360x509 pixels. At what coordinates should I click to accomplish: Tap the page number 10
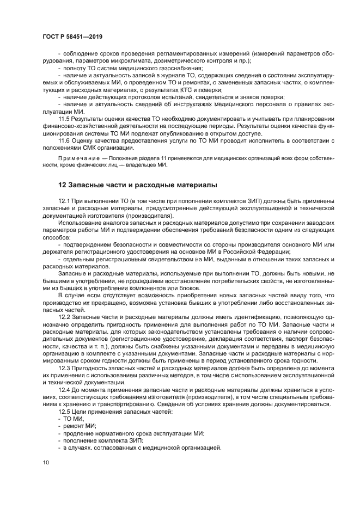coord(46,462)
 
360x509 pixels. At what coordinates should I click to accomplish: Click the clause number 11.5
coord(65,118)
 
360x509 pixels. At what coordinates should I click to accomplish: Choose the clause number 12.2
coord(65,316)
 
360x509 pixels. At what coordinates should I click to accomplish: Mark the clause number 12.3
coord(65,369)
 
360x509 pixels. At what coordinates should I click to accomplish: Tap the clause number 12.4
coord(65,390)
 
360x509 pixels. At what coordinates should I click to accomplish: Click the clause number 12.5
coord(65,412)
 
